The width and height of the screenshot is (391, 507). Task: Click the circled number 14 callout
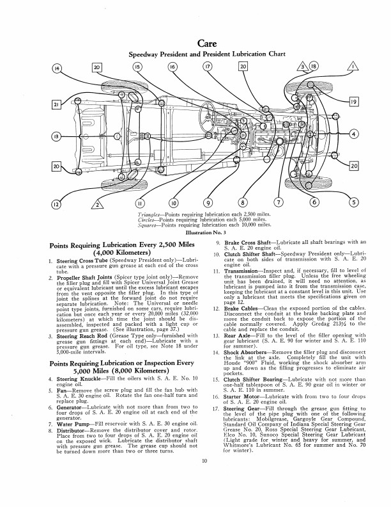[57, 68]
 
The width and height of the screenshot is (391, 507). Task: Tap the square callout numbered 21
[56, 105]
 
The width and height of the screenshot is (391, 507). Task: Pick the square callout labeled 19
[355, 101]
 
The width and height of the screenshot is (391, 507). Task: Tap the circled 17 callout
[207, 68]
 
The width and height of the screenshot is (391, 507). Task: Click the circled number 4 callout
[355, 133]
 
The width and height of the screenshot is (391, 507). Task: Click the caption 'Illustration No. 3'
[195, 234]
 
